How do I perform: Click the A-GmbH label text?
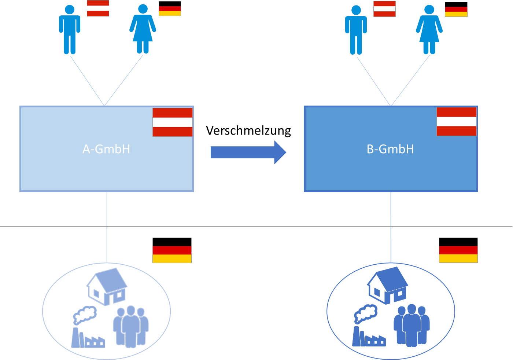click(106, 149)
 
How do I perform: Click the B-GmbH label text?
click(390, 149)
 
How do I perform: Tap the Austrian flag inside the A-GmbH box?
click(173, 122)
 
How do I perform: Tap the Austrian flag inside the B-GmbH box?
click(457, 121)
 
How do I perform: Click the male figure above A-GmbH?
click(70, 30)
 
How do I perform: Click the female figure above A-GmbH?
click(143, 29)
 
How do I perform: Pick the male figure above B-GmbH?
click(356, 30)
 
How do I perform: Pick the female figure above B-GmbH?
click(429, 30)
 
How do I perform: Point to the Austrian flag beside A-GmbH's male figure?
click(98, 8)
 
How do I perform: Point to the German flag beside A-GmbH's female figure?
click(170, 9)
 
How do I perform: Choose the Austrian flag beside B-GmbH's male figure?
click(384, 9)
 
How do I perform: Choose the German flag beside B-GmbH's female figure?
click(456, 10)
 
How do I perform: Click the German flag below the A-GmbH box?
click(172, 250)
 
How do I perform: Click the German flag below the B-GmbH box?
click(458, 250)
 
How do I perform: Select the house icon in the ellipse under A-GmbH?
click(107, 286)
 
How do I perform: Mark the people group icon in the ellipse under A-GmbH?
click(131, 326)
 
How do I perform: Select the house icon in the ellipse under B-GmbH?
click(387, 285)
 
